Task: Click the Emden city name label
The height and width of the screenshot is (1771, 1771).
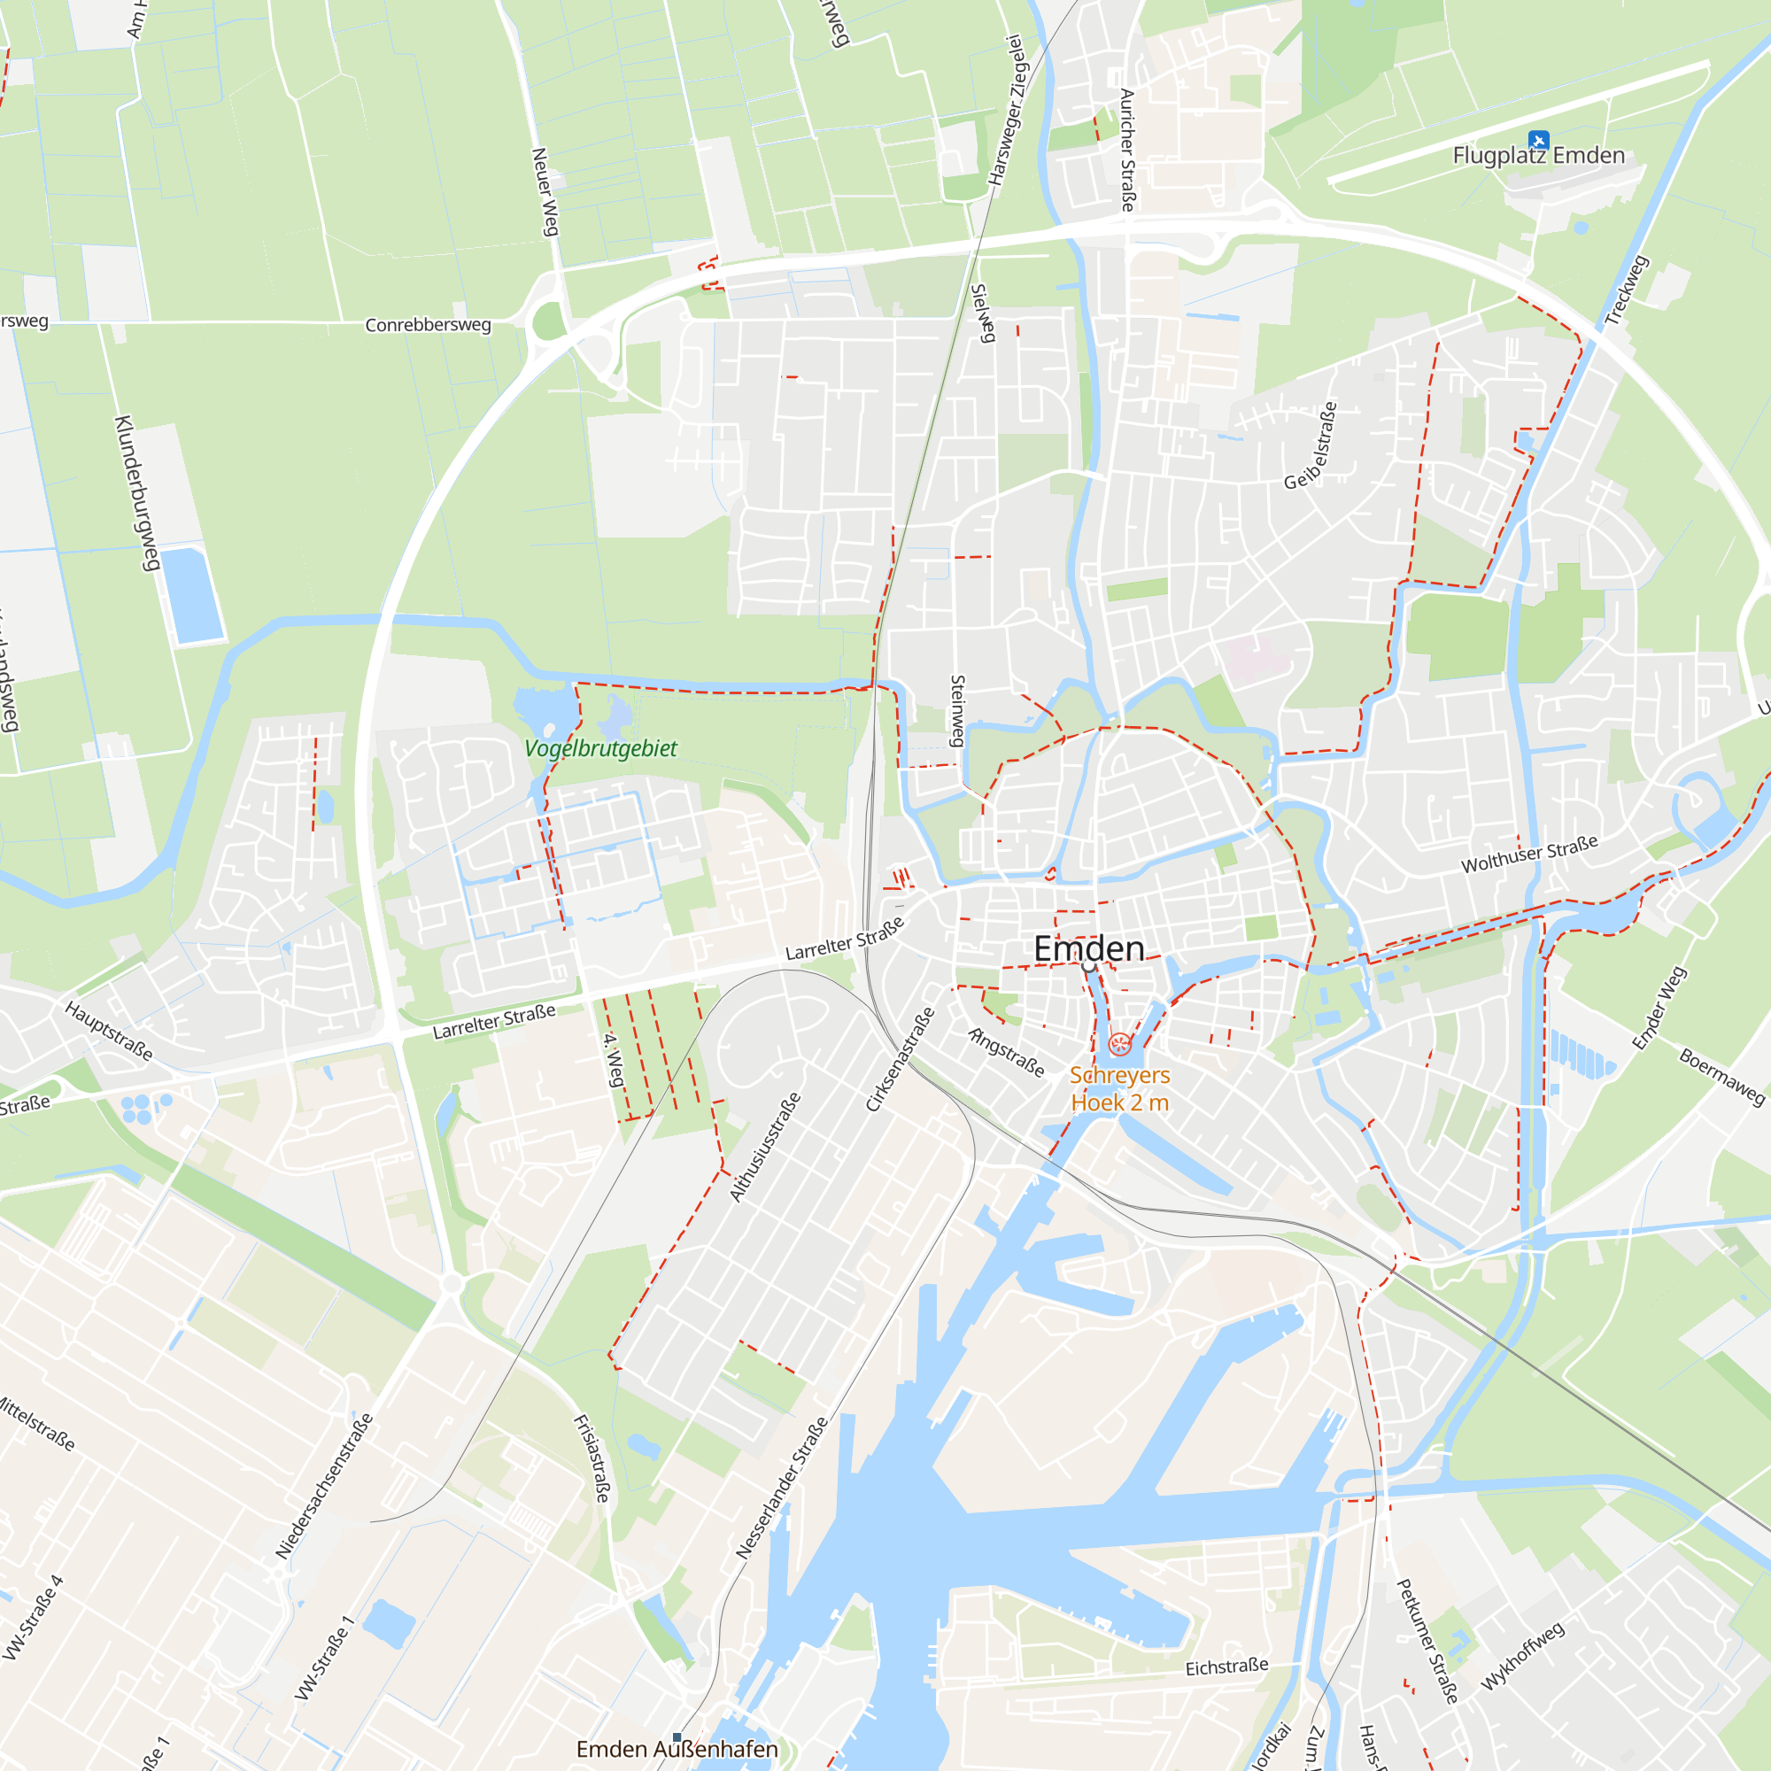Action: click(1089, 947)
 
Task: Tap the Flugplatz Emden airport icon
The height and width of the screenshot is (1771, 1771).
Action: click(1538, 140)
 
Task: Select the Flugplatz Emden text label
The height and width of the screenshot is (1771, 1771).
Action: click(1538, 156)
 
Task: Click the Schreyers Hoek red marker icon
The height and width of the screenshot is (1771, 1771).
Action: click(1119, 1044)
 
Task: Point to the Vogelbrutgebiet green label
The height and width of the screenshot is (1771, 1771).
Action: click(600, 748)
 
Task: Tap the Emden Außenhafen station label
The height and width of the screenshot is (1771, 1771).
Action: click(677, 1749)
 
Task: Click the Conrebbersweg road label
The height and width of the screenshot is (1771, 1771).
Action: click(427, 324)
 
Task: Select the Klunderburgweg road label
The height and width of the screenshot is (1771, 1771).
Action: click(136, 493)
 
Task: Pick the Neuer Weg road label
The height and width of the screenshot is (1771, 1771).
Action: click(545, 191)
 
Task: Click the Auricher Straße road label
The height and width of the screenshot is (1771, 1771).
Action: click(1127, 151)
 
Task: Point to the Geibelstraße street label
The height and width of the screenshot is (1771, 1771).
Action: click(1311, 445)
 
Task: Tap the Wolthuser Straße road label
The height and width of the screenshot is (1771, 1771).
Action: click(1529, 854)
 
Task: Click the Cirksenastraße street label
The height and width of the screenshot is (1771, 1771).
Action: click(901, 1059)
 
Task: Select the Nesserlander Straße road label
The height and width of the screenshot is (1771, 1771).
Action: click(782, 1488)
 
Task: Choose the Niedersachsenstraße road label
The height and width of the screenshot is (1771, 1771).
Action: click(324, 1486)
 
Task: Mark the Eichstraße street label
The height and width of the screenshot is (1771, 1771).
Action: click(1226, 1667)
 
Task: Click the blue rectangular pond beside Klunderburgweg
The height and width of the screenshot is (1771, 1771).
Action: click(192, 595)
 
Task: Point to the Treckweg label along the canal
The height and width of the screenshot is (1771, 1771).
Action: click(1626, 290)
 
